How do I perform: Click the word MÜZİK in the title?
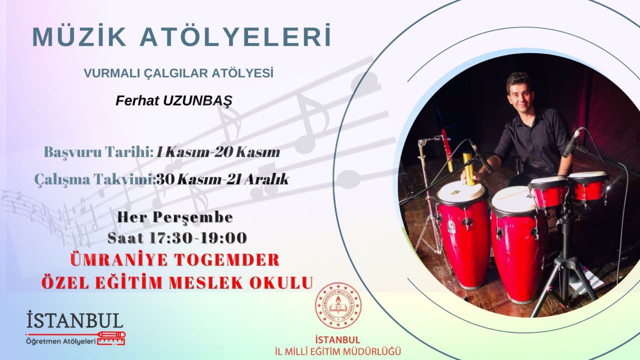tap(79, 36)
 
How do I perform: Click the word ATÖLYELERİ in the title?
tap(235, 36)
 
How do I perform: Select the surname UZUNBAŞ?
tap(197, 101)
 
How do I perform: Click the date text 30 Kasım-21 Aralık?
tap(222, 179)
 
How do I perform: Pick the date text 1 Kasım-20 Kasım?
tap(217, 152)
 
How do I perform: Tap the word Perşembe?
tap(193, 217)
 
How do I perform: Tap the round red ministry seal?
tap(338, 305)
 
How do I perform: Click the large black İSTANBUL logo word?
tap(75, 320)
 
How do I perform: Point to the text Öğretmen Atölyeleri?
tap(60, 341)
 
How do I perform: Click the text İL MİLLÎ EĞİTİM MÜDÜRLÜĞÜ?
tap(338, 351)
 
